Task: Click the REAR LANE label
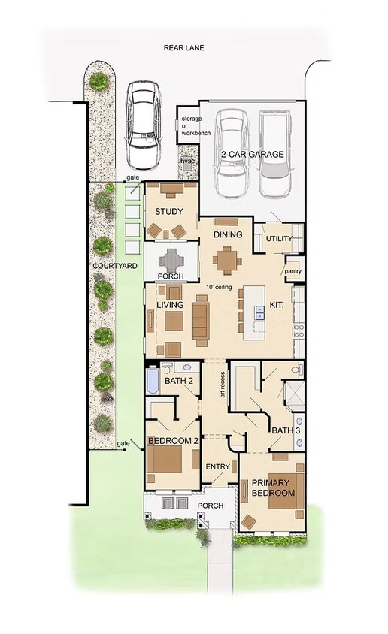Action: click(x=183, y=48)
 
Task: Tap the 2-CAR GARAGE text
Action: click(x=252, y=155)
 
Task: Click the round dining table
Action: click(x=226, y=260)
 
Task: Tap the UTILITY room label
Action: click(x=279, y=239)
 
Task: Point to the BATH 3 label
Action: click(x=283, y=430)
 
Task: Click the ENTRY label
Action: click(x=217, y=466)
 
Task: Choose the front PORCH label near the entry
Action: click(x=211, y=506)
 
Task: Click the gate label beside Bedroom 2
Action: click(x=123, y=444)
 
